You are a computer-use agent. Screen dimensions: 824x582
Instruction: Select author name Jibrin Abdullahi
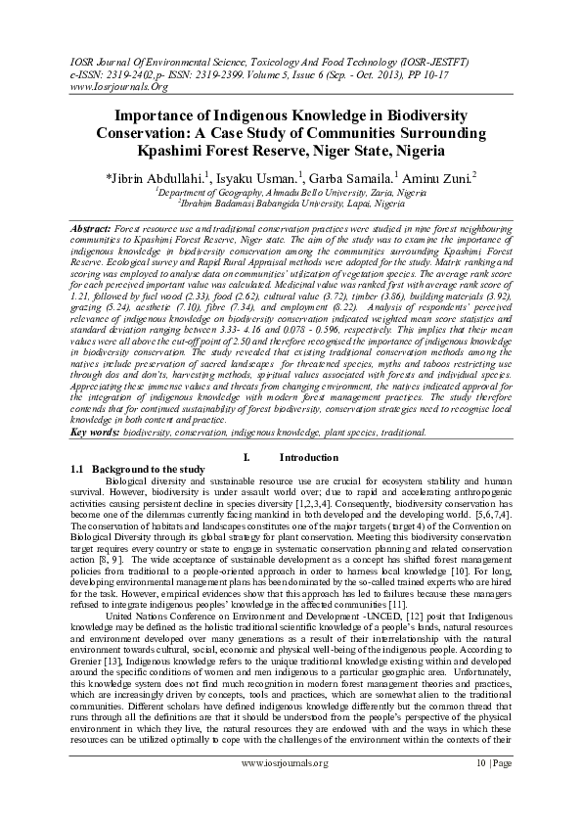(157, 177)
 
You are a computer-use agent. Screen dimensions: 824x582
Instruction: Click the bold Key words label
(96, 432)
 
